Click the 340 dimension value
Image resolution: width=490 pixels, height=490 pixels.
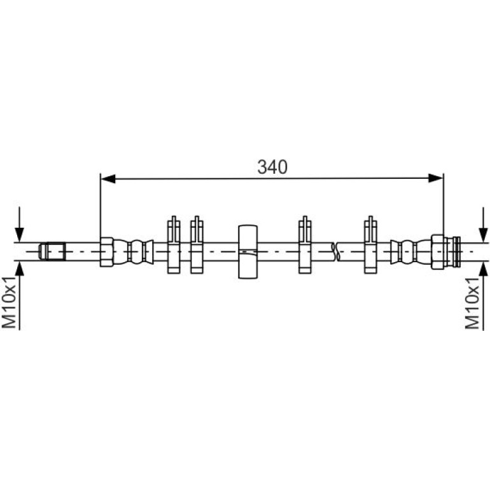(x=272, y=167)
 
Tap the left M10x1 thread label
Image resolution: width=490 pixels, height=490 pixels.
(x=9, y=302)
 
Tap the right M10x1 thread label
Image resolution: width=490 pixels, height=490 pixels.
(x=472, y=303)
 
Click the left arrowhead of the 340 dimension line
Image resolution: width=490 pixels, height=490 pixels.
(x=108, y=179)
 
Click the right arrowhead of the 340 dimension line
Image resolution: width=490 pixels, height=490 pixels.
(x=436, y=178)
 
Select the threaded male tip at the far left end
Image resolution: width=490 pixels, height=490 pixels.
(x=52, y=251)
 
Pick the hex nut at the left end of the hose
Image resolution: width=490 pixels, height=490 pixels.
(x=106, y=252)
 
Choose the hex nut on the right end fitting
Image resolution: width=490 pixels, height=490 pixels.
(x=438, y=252)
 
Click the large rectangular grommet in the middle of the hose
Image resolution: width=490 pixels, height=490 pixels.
(x=248, y=251)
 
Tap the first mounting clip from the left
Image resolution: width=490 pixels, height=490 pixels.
(x=174, y=245)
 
